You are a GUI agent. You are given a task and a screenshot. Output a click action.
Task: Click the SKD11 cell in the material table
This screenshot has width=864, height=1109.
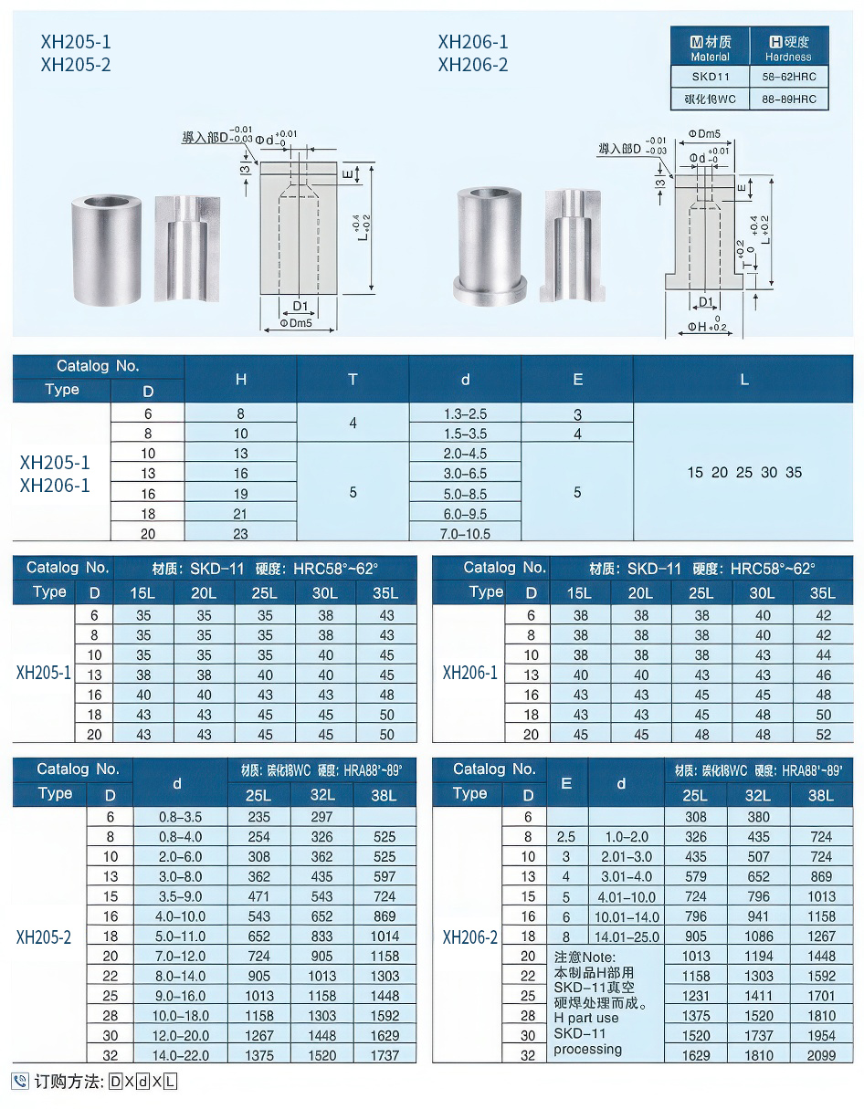tap(710, 78)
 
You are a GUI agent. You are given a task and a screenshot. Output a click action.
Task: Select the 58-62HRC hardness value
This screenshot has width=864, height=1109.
tap(788, 78)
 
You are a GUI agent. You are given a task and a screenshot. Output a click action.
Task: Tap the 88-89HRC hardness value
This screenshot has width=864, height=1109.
tap(788, 99)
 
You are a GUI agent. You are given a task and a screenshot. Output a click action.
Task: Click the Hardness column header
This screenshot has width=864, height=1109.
tap(788, 48)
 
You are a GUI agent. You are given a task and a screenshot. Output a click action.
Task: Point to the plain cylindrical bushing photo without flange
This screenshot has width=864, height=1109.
tap(107, 246)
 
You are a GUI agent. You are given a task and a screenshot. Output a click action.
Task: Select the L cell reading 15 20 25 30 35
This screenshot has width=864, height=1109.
tap(743, 473)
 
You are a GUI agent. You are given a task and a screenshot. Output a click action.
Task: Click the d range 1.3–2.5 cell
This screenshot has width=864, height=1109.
tap(464, 414)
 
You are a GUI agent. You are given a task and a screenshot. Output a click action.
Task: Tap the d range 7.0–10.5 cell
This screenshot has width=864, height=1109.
tap(464, 533)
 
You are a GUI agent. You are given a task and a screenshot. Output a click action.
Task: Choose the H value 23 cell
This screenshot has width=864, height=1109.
tap(241, 533)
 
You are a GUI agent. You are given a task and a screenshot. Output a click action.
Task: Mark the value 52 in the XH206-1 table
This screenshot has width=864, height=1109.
tap(823, 734)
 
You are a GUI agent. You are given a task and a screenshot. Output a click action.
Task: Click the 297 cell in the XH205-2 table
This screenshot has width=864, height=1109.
tap(321, 817)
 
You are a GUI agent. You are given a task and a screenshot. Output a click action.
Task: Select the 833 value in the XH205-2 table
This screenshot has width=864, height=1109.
tap(321, 936)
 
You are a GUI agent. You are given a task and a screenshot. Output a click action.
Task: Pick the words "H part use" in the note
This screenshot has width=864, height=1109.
tap(585, 1017)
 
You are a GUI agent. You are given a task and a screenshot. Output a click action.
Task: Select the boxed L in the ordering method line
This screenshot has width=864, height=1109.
tap(169, 1083)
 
